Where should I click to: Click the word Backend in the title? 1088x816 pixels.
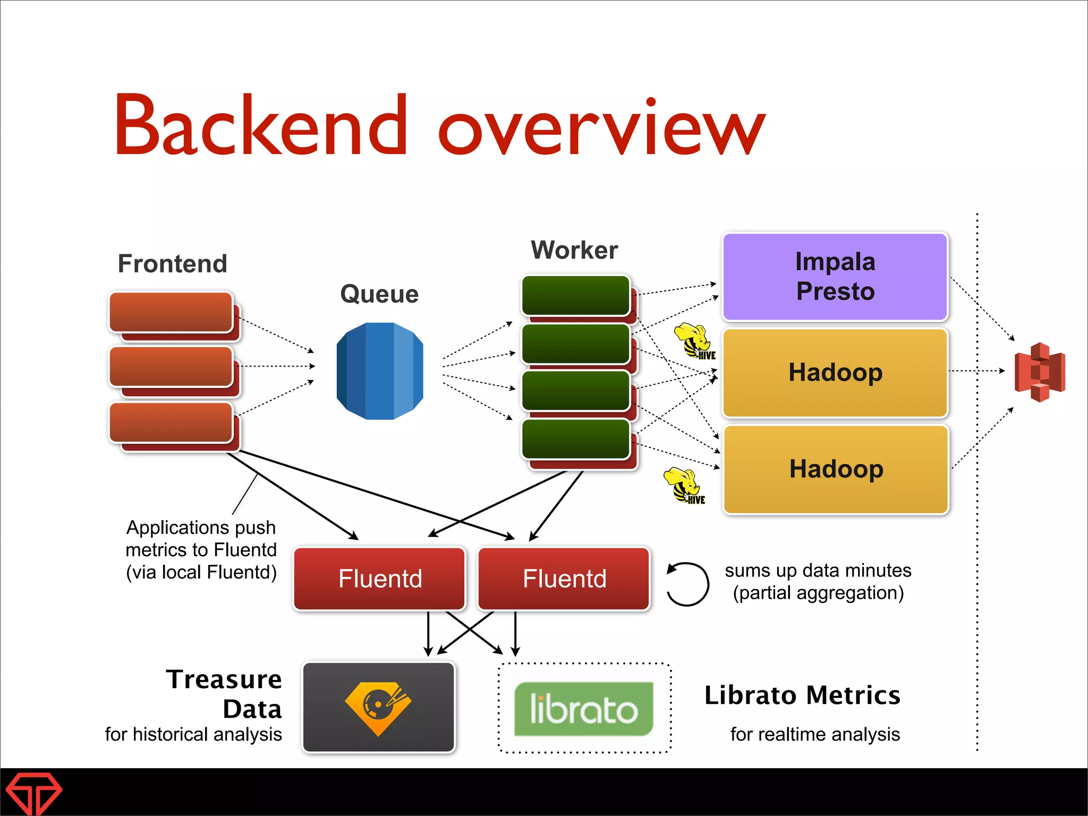click(x=260, y=126)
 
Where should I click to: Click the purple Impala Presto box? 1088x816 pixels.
click(x=835, y=277)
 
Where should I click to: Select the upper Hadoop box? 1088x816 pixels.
click(x=835, y=372)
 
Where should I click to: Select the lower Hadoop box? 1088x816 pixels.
click(x=836, y=469)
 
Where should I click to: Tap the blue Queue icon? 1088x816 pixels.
click(x=380, y=371)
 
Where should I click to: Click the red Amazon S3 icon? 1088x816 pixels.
click(x=1040, y=372)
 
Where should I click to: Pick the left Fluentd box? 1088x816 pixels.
click(x=380, y=579)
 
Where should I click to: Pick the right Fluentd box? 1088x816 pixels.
click(x=564, y=579)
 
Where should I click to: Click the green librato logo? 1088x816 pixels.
click(x=583, y=709)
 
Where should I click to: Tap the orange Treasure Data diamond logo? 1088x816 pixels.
click(x=378, y=707)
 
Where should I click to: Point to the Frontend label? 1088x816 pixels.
click(x=173, y=264)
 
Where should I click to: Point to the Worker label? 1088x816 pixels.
click(x=574, y=250)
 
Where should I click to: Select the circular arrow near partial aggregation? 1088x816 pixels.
click(x=688, y=584)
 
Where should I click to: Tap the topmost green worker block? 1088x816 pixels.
click(x=575, y=295)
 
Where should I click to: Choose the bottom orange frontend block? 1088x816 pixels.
click(x=171, y=423)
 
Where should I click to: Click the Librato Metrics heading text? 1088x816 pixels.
click(x=802, y=695)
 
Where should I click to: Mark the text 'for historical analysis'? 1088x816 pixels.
click(x=193, y=734)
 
